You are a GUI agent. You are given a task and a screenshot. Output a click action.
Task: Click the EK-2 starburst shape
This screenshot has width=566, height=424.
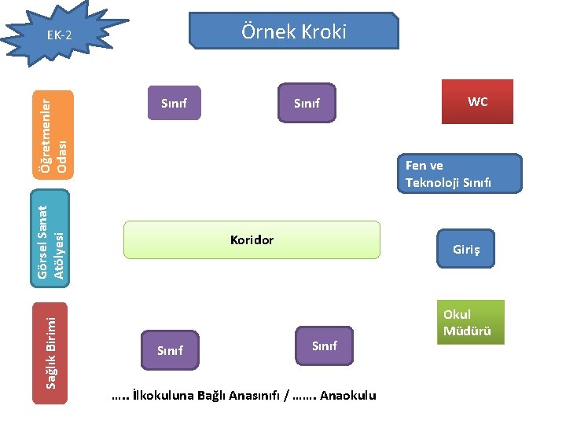58,36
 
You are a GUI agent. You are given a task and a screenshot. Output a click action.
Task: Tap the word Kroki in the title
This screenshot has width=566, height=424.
321,31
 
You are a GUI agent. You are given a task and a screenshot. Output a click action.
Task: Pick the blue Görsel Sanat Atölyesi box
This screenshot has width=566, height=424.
50,239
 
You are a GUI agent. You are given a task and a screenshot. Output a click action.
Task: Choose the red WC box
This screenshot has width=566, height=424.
477,102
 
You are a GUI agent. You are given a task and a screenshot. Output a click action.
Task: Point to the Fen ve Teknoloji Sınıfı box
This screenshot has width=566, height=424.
462,174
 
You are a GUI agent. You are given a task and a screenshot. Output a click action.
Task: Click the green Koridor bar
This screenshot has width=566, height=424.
252,239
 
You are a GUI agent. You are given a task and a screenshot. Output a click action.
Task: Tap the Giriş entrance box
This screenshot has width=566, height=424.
465,250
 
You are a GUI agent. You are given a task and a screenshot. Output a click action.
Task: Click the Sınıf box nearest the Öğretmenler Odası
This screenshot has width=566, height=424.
174,103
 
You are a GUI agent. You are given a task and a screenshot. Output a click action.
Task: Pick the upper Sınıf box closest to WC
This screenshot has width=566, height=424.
307,103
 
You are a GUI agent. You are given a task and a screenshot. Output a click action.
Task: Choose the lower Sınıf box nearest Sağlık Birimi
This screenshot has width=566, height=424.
170,350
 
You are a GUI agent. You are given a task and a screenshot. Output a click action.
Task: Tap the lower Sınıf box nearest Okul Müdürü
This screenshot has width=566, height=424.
324,345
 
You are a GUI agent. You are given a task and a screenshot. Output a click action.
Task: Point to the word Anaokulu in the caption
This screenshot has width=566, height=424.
348,396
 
